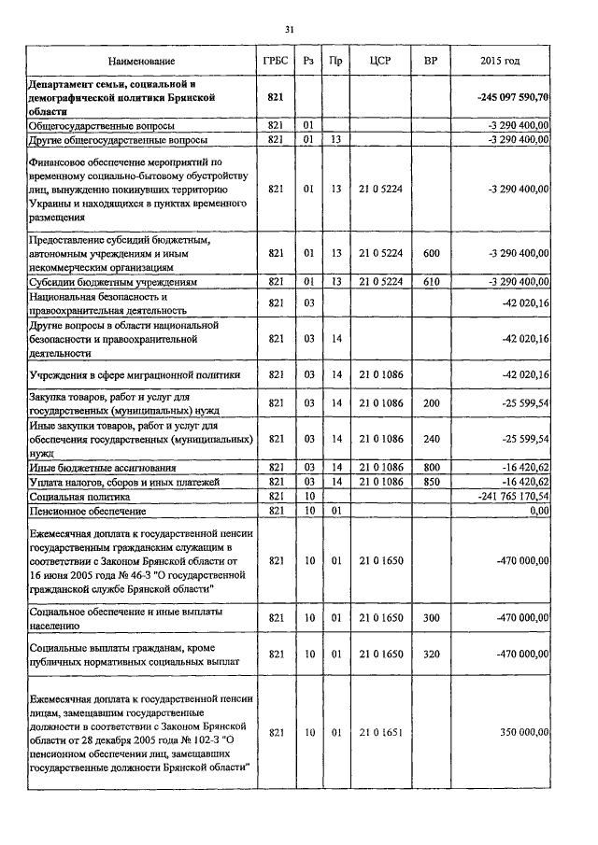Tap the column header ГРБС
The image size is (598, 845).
click(x=275, y=61)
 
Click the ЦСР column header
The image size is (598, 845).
click(x=378, y=61)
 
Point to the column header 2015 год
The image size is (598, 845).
click(x=500, y=61)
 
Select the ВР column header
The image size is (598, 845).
click(x=431, y=61)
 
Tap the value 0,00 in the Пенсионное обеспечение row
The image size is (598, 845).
click(x=538, y=512)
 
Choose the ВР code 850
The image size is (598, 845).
click(x=431, y=481)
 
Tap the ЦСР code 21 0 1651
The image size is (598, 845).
click(x=379, y=734)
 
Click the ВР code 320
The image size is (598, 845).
click(x=431, y=655)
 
